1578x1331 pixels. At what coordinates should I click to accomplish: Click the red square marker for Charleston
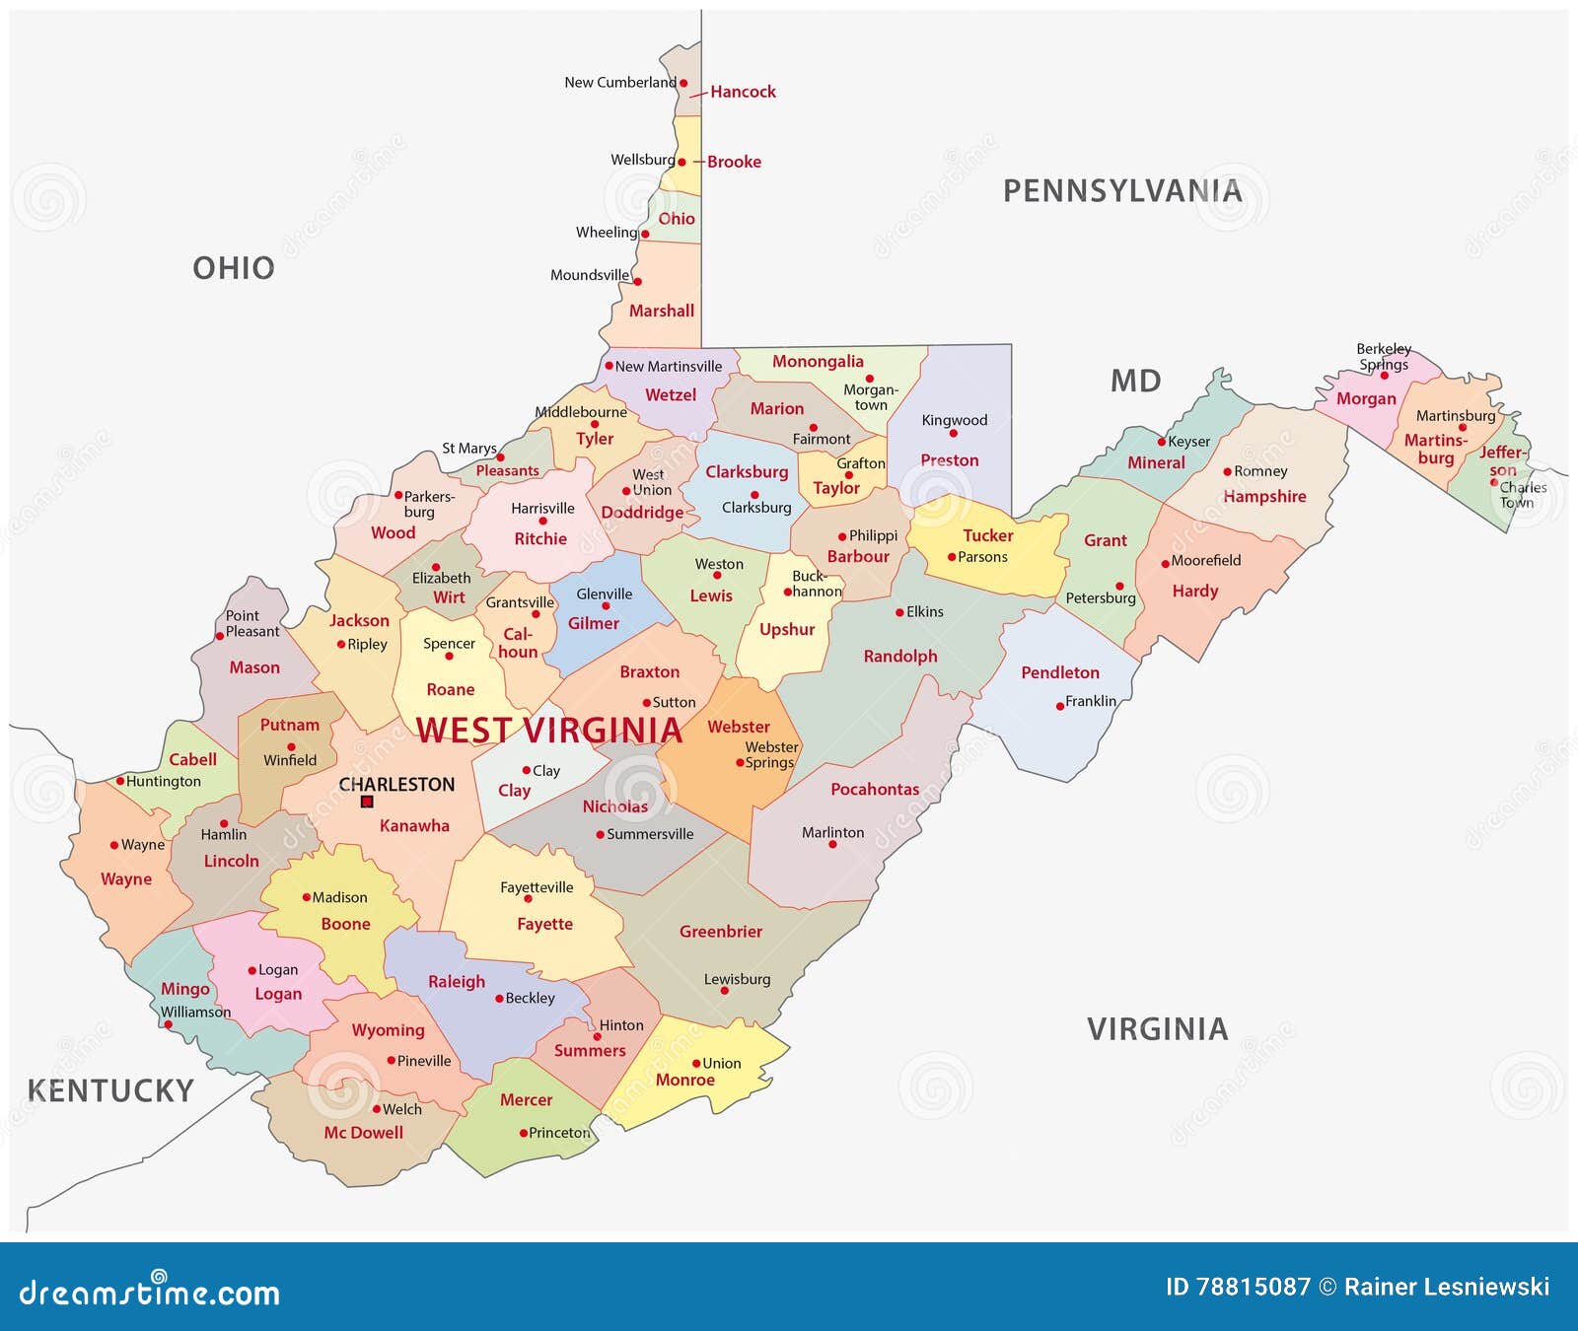(367, 802)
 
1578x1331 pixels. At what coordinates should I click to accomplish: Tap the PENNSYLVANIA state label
(1122, 191)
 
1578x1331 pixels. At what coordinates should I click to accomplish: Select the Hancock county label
(743, 92)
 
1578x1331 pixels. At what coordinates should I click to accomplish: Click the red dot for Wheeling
(645, 235)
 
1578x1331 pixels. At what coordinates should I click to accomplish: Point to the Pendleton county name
(1059, 672)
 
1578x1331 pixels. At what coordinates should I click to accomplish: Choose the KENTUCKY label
(110, 1090)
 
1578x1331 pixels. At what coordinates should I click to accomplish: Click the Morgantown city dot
(869, 379)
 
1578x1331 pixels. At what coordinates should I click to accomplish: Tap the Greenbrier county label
(720, 932)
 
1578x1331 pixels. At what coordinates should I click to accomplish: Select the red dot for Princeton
(524, 1133)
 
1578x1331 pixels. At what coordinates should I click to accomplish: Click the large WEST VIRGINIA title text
(548, 731)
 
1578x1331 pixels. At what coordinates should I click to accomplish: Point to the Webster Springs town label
(770, 755)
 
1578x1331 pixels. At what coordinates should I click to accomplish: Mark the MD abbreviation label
(1135, 381)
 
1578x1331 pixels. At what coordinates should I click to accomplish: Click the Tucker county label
(987, 535)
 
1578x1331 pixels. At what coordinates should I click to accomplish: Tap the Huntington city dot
(120, 781)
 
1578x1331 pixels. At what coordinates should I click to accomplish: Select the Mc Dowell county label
(363, 1133)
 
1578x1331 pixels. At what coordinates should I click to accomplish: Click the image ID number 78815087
(1253, 1287)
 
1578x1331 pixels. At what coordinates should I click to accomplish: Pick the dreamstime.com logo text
(150, 1292)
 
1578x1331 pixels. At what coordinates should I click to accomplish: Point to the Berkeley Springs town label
(1383, 356)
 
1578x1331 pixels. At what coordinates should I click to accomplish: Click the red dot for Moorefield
(1165, 564)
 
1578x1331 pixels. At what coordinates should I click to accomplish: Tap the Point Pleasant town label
(251, 623)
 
